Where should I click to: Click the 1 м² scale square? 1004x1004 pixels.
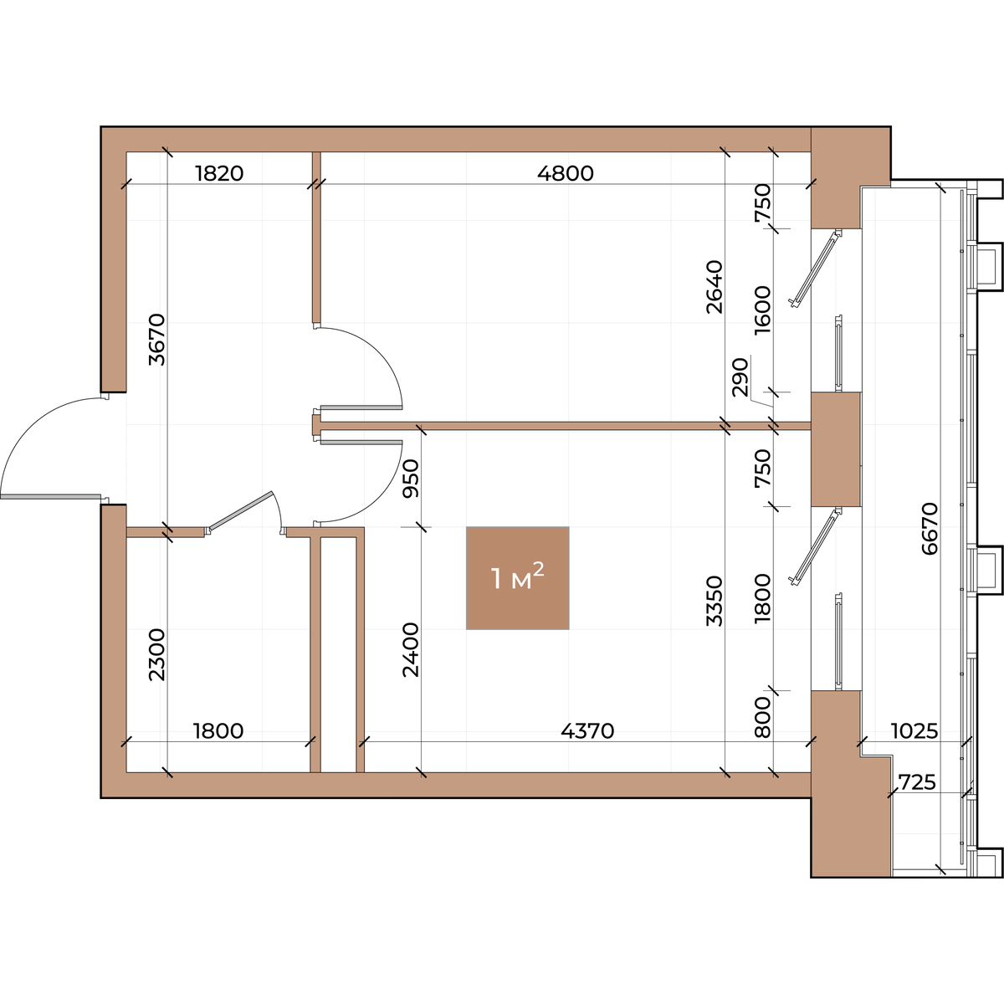pyautogui.click(x=517, y=578)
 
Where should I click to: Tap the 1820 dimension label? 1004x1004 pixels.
pyautogui.click(x=219, y=173)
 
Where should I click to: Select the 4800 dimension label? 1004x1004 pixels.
pyautogui.click(x=566, y=173)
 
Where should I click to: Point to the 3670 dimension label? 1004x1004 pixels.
pyautogui.click(x=156, y=339)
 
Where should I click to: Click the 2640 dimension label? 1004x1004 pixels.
pyautogui.click(x=715, y=287)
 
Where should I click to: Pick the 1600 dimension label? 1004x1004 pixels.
pyautogui.click(x=762, y=310)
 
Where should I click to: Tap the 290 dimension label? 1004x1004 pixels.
pyautogui.click(x=740, y=377)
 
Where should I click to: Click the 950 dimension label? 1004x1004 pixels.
pyautogui.click(x=411, y=479)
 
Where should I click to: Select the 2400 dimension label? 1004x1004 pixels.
pyautogui.click(x=411, y=650)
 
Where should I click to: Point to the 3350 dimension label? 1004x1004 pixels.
pyautogui.click(x=715, y=601)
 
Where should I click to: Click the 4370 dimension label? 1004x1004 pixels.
pyautogui.click(x=587, y=731)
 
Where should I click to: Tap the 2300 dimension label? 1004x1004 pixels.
pyautogui.click(x=156, y=655)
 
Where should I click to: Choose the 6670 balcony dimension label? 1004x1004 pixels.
pyautogui.click(x=930, y=528)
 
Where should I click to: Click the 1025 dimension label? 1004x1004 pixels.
pyautogui.click(x=914, y=731)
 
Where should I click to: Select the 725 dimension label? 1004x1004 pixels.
pyautogui.click(x=918, y=782)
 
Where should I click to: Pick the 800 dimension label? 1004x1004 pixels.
pyautogui.click(x=762, y=717)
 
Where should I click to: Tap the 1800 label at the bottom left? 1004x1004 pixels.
pyautogui.click(x=218, y=731)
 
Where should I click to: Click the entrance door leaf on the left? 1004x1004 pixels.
pyautogui.click(x=50, y=497)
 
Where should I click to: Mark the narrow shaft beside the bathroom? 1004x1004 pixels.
pyautogui.click(x=338, y=654)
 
